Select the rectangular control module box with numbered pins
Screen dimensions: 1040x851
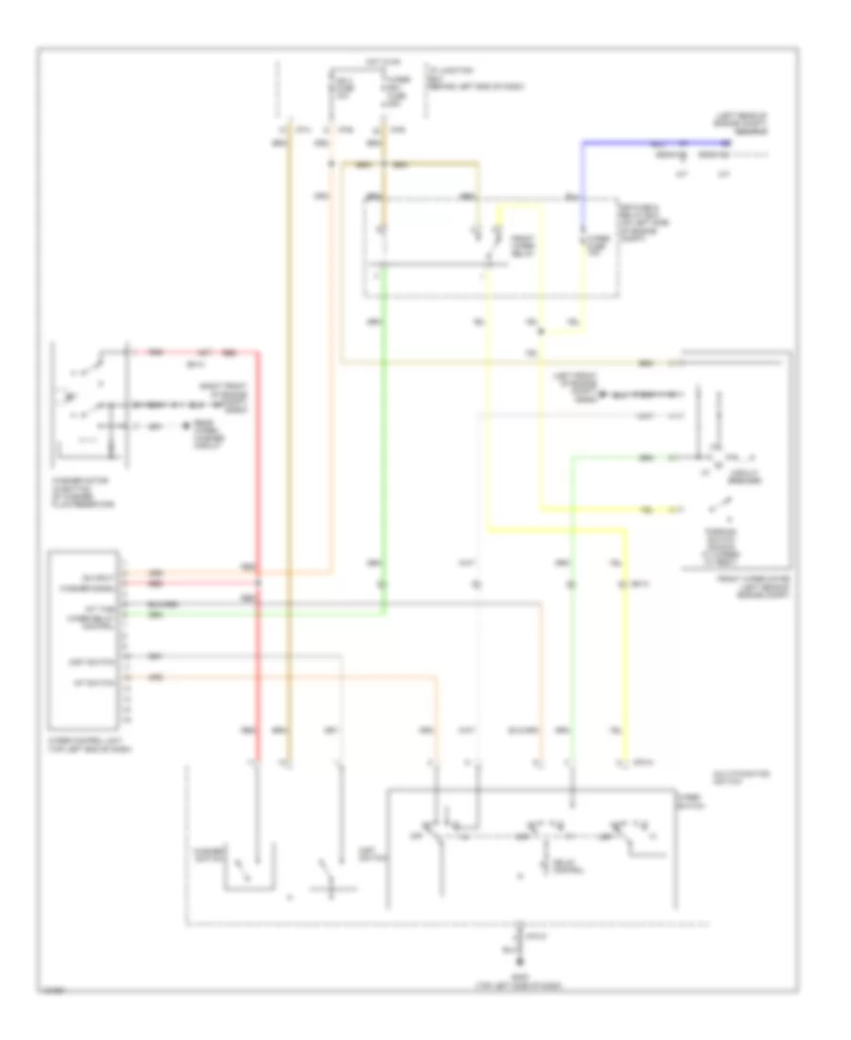(x=86, y=629)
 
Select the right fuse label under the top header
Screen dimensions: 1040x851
(x=391, y=93)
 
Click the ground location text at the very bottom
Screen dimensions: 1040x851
(x=519, y=978)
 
